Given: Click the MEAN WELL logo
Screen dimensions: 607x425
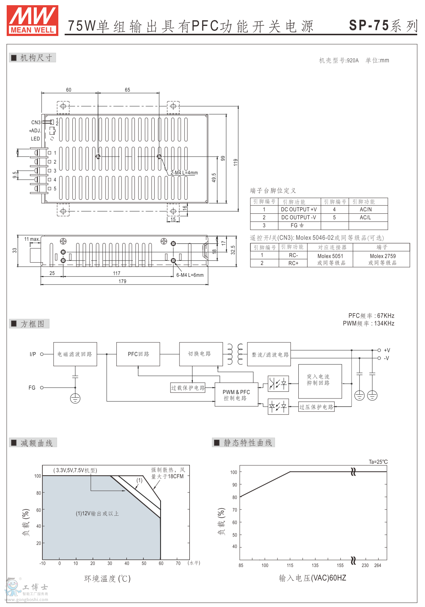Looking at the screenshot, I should pyautogui.click(x=32, y=21).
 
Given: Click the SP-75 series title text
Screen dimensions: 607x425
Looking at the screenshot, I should pyautogui.click(x=383, y=26).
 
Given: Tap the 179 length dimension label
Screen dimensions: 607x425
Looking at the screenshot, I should pyautogui.click(x=122, y=282).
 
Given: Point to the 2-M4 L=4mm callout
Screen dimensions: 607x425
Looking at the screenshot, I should pyautogui.click(x=184, y=173).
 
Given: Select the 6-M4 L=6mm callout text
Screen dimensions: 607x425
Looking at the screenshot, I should pyautogui.click(x=190, y=275).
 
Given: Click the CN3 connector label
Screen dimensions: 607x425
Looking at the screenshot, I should pyautogui.click(x=36, y=122).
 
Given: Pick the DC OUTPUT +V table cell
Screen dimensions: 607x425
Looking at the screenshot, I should pyautogui.click(x=299, y=210).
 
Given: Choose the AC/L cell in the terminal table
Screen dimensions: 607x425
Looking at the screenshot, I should pyautogui.click(x=365, y=218).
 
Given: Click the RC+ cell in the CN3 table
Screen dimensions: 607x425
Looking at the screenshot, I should pyautogui.click(x=293, y=263).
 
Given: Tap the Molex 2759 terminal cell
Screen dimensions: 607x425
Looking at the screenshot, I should pyautogui.click(x=383, y=259).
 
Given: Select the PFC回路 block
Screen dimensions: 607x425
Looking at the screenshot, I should pyautogui.click(x=138, y=354).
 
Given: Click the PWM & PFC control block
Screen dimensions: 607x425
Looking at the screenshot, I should pyautogui.click(x=236, y=395).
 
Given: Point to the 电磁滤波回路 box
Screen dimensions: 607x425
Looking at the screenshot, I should pyautogui.click(x=75, y=354).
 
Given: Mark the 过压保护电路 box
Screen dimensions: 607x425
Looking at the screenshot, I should pyautogui.click(x=316, y=407).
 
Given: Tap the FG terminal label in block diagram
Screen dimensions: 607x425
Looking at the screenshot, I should pyautogui.click(x=32, y=388).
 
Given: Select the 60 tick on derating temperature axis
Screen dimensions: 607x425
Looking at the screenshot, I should pyautogui.click(x=161, y=563).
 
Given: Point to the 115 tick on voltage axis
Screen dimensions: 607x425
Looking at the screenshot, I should pyautogui.click(x=290, y=565).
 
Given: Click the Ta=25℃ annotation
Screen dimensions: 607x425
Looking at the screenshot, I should pyautogui.click(x=378, y=462).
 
